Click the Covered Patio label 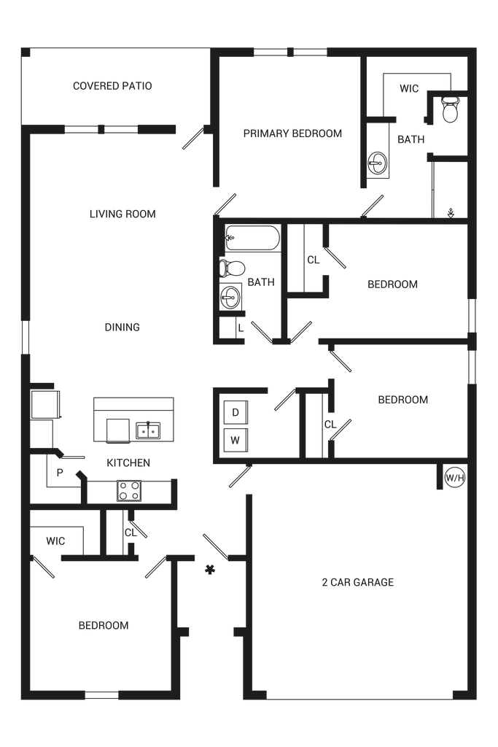[112, 86]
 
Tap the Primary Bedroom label [292, 133]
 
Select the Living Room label [122, 214]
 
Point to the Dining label [122, 328]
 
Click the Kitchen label [128, 463]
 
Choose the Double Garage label [357, 582]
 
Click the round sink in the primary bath [379, 163]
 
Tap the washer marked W [235, 439]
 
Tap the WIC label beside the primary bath [409, 89]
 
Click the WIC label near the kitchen [56, 541]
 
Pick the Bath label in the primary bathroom [411, 139]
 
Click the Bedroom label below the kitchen [104, 625]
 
